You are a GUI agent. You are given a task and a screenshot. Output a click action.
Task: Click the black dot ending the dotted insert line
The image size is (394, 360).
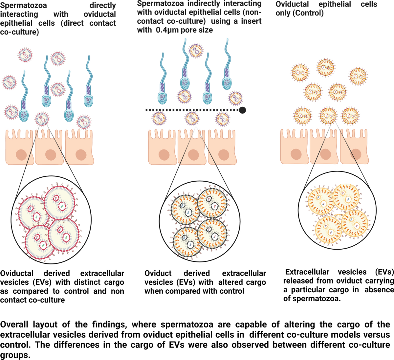pyautogui.click(x=242, y=110)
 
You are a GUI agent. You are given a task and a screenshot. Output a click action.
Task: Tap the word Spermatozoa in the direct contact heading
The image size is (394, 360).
pyautogui.click(x=23, y=6)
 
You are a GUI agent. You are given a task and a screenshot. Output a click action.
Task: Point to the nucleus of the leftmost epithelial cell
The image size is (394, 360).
pyautogui.click(x=21, y=155)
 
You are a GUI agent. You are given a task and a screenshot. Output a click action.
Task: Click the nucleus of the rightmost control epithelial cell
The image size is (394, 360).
pyautogui.click(x=356, y=154)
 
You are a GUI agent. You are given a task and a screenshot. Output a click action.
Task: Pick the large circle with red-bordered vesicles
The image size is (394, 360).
pyautogui.click(x=51, y=219)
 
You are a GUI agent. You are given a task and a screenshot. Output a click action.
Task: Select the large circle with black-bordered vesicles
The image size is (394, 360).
pyautogui.click(x=200, y=221)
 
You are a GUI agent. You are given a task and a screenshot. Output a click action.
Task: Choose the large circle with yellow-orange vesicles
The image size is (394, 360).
pyautogui.click(x=337, y=210)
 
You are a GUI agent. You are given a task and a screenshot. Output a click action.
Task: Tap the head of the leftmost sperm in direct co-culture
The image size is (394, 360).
pyautogui.click(x=24, y=116)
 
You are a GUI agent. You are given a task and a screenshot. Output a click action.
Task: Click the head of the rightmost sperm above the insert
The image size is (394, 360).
pyautogui.click(x=227, y=84)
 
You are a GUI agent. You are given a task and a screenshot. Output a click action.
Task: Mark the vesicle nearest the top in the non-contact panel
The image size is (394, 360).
pyautogui.click(x=196, y=51)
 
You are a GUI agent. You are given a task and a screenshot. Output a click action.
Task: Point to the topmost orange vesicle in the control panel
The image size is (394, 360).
pyautogui.click(x=325, y=67)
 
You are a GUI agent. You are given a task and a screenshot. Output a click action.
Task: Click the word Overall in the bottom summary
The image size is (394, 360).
pyautogui.click(x=14, y=325)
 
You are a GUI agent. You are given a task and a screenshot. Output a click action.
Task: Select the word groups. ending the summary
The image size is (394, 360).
pyautogui.click(x=15, y=355)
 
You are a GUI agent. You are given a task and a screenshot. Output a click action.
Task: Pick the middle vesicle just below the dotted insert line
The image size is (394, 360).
pyautogui.click(x=192, y=119)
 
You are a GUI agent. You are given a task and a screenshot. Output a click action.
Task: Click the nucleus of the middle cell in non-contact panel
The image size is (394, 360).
pyautogui.click(x=193, y=155)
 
